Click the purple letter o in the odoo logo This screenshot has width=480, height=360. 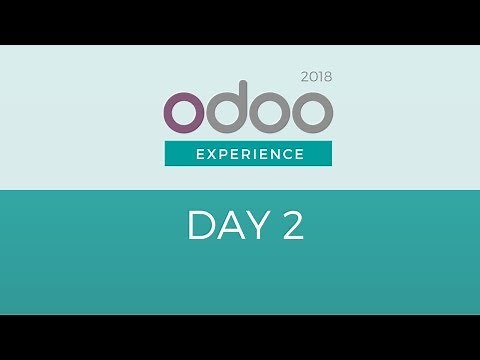point(187,113)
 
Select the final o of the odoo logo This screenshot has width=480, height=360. point(310,113)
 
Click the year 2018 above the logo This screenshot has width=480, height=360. point(316,76)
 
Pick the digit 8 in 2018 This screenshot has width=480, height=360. point(327,76)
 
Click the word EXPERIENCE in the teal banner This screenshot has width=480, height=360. point(249,154)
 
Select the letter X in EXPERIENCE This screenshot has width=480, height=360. point(209,154)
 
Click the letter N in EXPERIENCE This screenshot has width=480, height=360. point(273,154)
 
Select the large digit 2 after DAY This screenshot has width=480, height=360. point(292,226)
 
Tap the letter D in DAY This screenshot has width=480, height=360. point(200,226)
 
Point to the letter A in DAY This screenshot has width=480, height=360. point(224,226)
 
